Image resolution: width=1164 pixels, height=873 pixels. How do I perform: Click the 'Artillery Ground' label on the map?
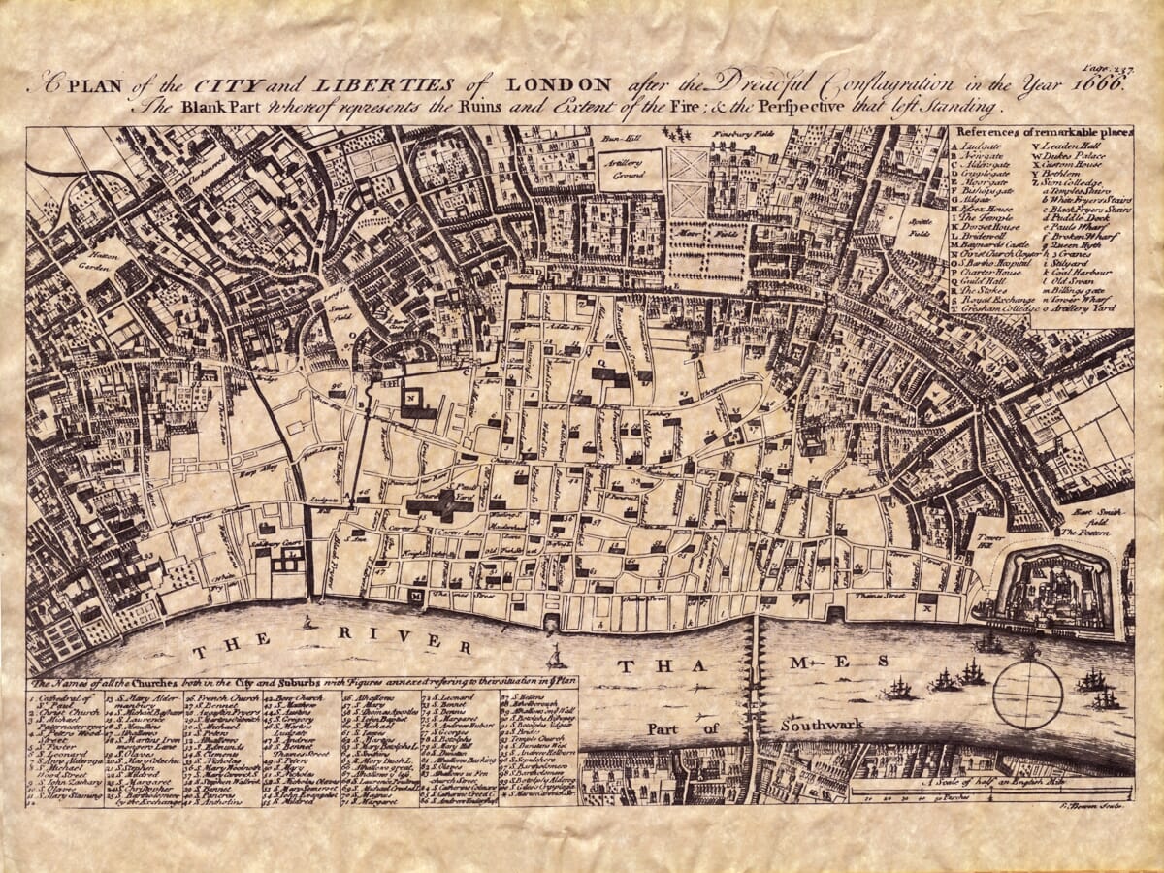[630, 170]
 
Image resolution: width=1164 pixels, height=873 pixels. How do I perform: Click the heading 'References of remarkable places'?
[1042, 132]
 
